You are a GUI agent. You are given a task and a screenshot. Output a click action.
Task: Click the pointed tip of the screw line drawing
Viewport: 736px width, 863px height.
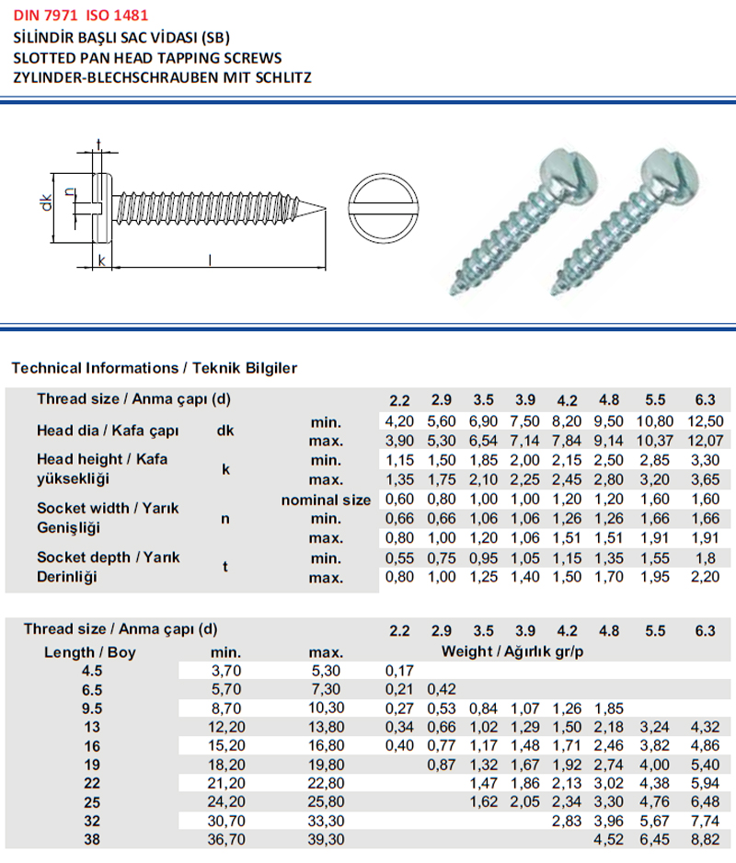(x=325, y=207)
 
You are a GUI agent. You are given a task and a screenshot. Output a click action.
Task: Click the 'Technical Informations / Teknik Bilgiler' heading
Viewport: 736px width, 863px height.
(x=154, y=368)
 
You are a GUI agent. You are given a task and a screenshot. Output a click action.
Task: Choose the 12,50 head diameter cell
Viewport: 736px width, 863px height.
(x=705, y=421)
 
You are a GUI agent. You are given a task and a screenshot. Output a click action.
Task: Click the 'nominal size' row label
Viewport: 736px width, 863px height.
(x=326, y=500)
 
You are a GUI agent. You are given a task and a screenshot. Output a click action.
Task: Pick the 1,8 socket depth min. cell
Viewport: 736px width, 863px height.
(x=705, y=558)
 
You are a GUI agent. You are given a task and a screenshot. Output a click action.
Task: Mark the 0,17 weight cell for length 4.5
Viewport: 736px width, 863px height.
(x=398, y=671)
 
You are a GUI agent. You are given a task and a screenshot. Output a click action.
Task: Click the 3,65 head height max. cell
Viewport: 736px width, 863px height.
(x=705, y=479)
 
